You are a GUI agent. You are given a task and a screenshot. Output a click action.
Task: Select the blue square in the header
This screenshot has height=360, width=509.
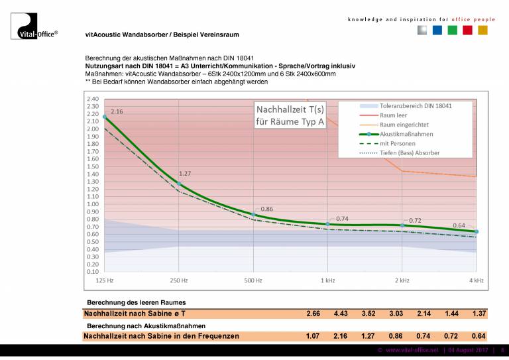[x=437, y=30]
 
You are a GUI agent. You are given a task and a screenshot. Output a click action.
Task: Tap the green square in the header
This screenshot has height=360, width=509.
[x=452, y=30]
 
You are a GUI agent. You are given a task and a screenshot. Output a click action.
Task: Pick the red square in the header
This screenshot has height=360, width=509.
[x=467, y=30]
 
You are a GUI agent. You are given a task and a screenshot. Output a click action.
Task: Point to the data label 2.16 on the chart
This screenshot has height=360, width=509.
[x=117, y=111]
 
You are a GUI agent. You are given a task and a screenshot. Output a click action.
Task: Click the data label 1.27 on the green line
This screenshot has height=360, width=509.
[x=184, y=174]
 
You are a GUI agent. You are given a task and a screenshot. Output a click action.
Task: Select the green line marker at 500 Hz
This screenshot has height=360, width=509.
[x=253, y=215]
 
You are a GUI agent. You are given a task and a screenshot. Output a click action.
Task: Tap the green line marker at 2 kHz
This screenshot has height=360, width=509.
[x=402, y=225]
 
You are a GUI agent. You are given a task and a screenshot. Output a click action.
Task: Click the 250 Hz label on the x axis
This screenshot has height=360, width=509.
[x=179, y=281]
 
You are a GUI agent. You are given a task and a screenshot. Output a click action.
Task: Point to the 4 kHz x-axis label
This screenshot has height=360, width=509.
[x=477, y=281]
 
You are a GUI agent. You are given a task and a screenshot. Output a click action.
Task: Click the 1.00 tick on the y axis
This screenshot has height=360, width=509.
[x=92, y=204]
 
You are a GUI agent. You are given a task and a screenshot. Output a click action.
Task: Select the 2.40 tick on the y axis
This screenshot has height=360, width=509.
[x=92, y=99]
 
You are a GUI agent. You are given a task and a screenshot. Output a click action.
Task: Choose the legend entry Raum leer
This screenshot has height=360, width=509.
[x=394, y=115]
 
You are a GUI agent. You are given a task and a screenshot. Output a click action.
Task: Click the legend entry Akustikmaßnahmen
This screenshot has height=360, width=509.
[x=407, y=134]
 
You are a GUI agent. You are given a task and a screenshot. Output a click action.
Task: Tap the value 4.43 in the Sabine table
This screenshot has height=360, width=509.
[x=341, y=313]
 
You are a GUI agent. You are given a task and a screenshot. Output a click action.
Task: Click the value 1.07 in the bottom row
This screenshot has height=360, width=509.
[x=313, y=336]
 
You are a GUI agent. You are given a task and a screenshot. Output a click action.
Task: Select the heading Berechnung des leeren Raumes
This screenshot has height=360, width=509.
[x=132, y=303]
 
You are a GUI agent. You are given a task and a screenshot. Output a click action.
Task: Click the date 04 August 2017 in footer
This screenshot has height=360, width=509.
[x=468, y=349]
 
